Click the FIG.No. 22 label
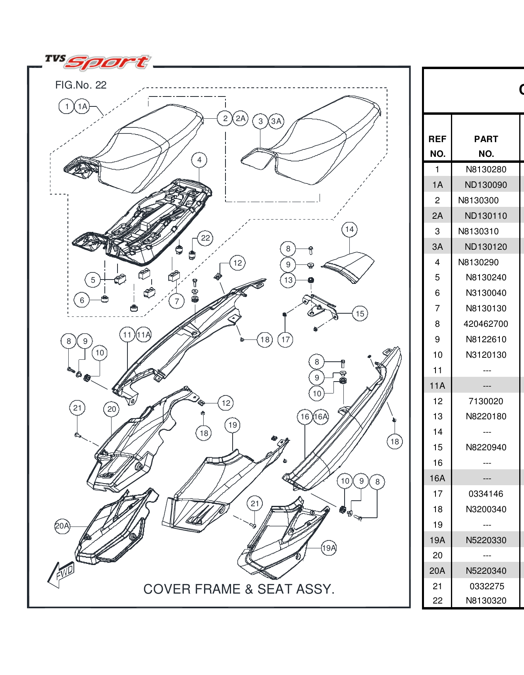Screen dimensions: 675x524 pyautogui.click(x=81, y=85)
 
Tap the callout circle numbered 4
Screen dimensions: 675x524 pyautogui.click(x=199, y=160)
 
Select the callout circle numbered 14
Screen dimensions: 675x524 pyautogui.click(x=349, y=229)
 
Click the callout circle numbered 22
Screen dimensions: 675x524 pyautogui.click(x=205, y=238)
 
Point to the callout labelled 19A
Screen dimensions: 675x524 pyautogui.click(x=329, y=548)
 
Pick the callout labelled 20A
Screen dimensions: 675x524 pyautogui.click(x=62, y=526)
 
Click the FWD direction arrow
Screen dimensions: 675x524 pyautogui.click(x=60, y=574)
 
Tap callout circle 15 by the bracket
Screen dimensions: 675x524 pyautogui.click(x=360, y=314)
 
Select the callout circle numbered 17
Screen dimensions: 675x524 pyautogui.click(x=285, y=340)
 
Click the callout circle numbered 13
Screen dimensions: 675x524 pyautogui.click(x=288, y=280)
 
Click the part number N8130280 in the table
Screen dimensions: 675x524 pyautogui.click(x=486, y=170)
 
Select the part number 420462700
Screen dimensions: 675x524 pyautogui.click(x=485, y=324)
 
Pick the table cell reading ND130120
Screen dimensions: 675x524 pyautogui.click(x=485, y=247)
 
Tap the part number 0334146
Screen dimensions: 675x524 pyautogui.click(x=485, y=494)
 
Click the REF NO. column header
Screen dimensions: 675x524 pyautogui.click(x=437, y=146)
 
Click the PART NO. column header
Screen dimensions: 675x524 pyautogui.click(x=486, y=146)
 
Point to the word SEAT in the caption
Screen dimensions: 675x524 pyautogui.click(x=274, y=589)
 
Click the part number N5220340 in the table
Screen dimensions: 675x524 pyautogui.click(x=486, y=571)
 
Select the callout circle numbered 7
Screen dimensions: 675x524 pyautogui.click(x=177, y=301)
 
